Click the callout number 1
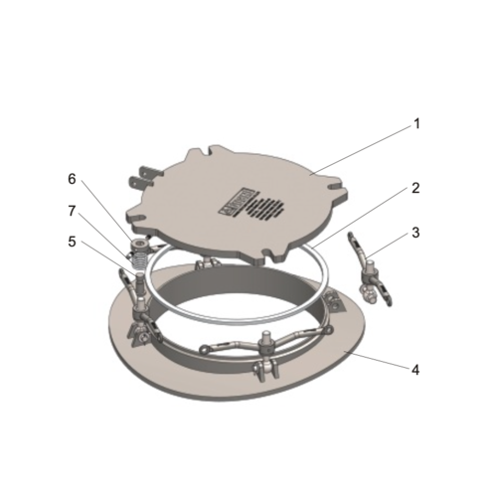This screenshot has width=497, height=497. tap(416, 124)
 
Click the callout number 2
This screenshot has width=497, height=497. tap(416, 188)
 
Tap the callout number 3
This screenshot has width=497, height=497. tap(416, 233)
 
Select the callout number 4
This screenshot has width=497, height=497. tap(415, 369)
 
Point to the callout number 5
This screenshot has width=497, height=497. tap(72, 240)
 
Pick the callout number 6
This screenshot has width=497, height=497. tap(72, 179)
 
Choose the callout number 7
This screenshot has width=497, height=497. tap(72, 210)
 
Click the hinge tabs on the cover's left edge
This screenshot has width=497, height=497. tap(142, 181)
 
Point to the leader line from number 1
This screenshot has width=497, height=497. tap(363, 148)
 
